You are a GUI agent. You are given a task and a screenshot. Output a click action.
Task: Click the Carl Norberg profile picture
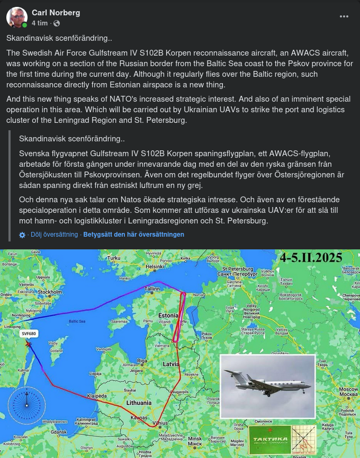[x=17, y=17]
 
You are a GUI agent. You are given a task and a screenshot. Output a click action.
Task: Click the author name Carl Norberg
[x=56, y=12]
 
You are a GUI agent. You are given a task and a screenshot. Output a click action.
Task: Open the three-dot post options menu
[x=344, y=16]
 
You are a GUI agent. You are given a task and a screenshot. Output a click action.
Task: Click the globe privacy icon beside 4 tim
[x=57, y=23]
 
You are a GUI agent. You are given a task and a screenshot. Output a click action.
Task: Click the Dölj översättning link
[x=54, y=235]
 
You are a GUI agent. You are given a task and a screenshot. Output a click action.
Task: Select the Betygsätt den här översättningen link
[x=133, y=235]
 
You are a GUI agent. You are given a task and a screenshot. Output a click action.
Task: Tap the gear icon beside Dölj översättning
[x=22, y=235]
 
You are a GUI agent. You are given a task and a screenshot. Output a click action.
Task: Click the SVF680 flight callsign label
[x=29, y=334]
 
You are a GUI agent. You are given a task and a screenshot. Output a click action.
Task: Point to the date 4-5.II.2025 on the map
[x=311, y=258]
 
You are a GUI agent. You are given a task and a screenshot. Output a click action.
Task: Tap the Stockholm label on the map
[x=50, y=292]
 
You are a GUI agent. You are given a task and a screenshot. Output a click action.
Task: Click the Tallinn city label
[x=152, y=289]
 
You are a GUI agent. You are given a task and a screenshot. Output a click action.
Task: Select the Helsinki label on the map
[x=153, y=267]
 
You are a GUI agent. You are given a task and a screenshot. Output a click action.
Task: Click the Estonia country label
[x=169, y=315]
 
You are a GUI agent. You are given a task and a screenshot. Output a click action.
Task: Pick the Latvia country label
[x=171, y=364]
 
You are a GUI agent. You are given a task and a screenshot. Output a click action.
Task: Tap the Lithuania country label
[x=139, y=403]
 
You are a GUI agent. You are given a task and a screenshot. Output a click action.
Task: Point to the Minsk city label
[x=195, y=439]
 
